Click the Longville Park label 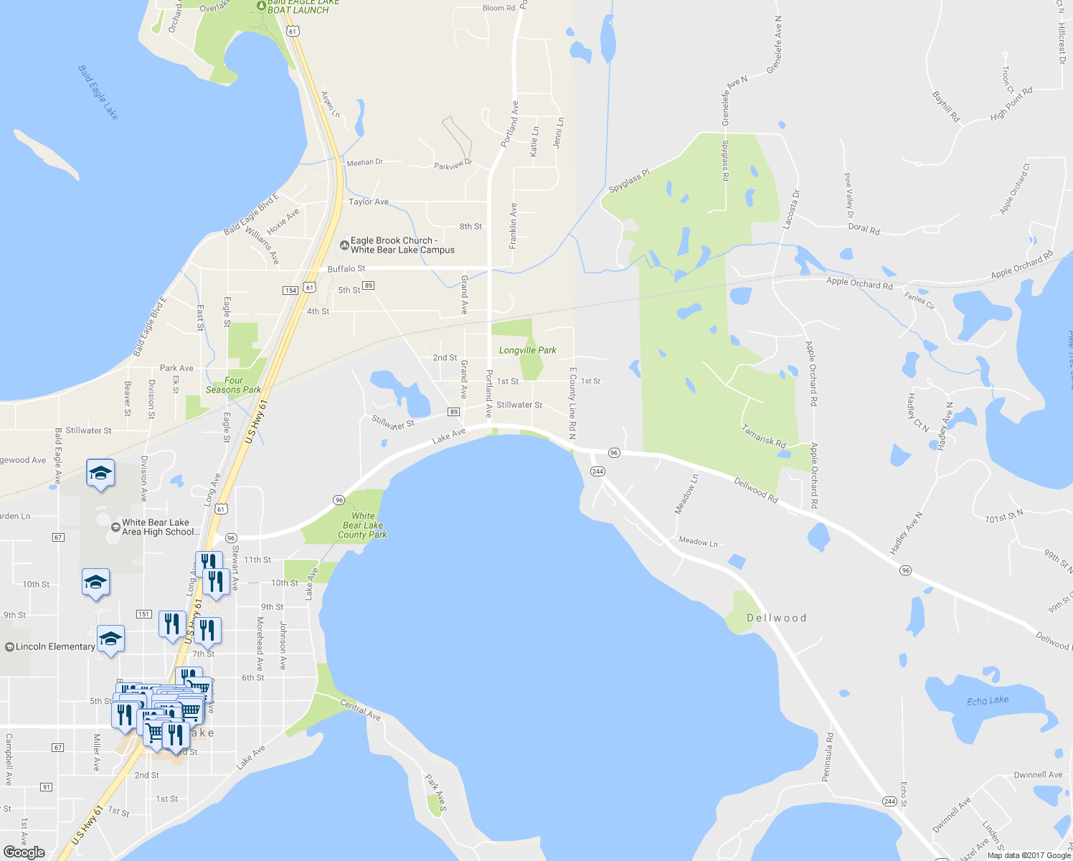click(x=527, y=350)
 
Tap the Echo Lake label click(x=987, y=700)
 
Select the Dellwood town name click(x=776, y=618)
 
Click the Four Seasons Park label click(x=233, y=385)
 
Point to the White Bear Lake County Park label click(x=363, y=525)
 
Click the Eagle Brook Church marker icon click(x=344, y=245)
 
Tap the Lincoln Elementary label click(x=55, y=646)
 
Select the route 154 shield click(x=290, y=290)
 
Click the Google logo click(x=24, y=852)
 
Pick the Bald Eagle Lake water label click(x=98, y=93)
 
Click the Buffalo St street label click(x=346, y=268)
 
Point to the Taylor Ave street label click(x=369, y=202)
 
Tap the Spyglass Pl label click(x=629, y=182)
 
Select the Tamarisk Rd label click(x=764, y=436)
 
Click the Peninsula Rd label click(x=828, y=757)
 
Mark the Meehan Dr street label click(x=364, y=163)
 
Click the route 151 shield click(x=144, y=614)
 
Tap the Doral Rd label click(x=864, y=229)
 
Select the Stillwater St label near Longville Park click(x=519, y=405)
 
